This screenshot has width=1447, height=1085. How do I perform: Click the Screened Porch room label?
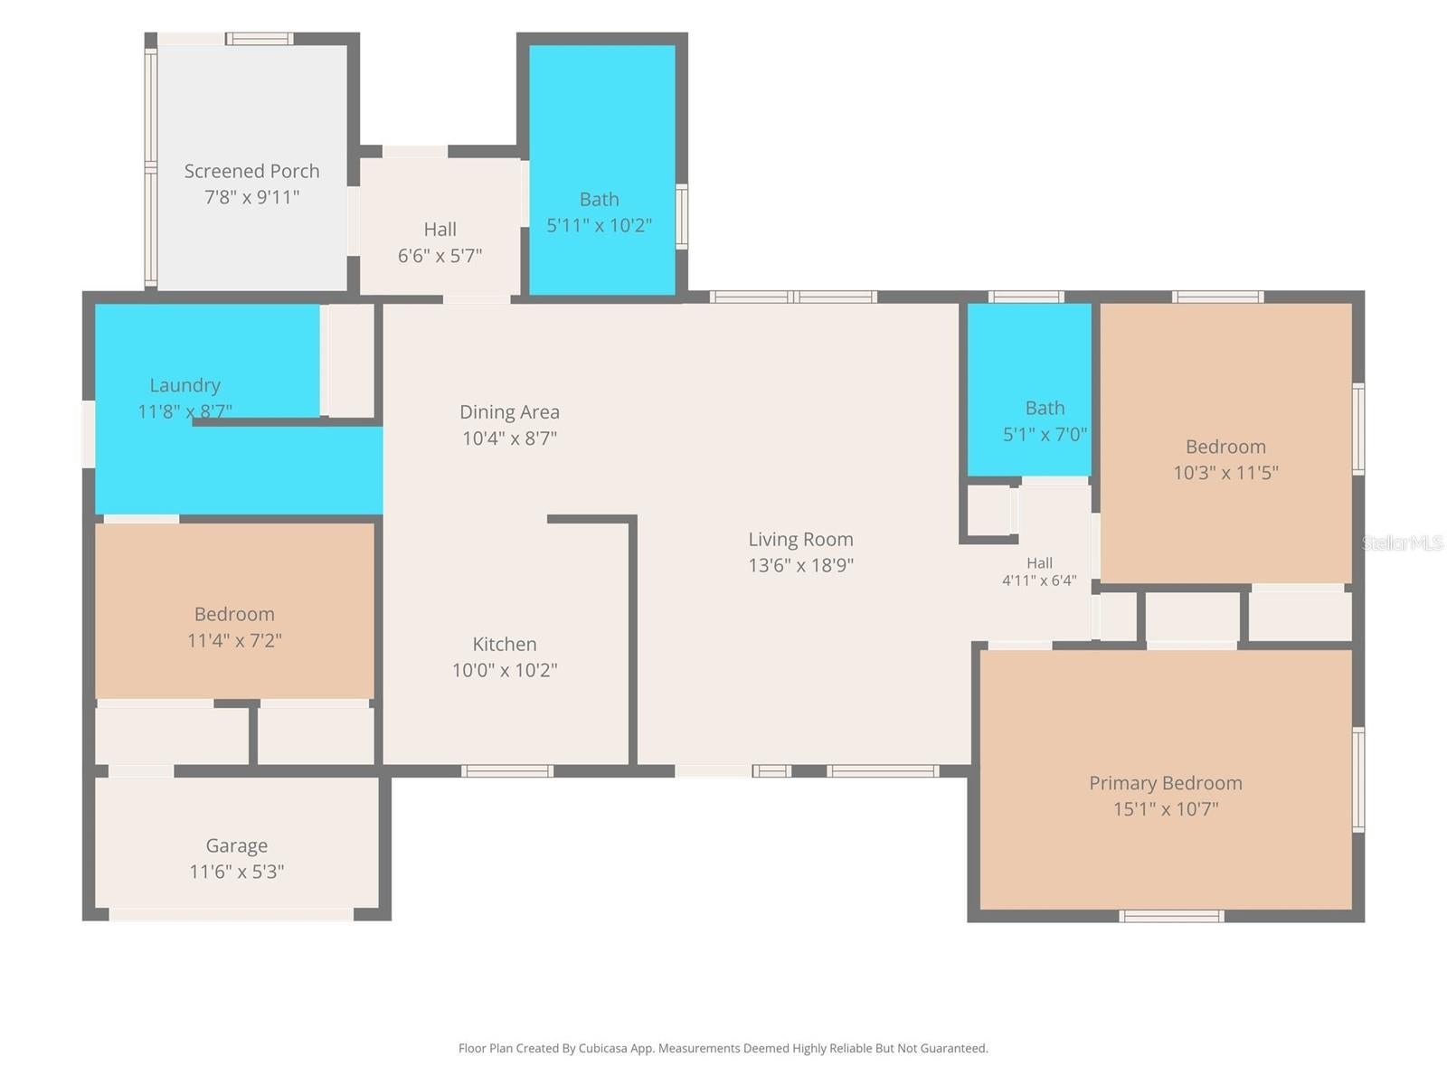pyautogui.click(x=251, y=171)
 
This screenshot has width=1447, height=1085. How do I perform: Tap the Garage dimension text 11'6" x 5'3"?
pyautogui.click(x=237, y=872)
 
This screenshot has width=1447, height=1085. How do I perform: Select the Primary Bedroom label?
pyautogui.click(x=1165, y=783)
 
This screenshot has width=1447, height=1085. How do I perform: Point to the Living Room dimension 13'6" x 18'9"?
pyautogui.click(x=800, y=565)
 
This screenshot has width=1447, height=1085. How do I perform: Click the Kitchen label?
pyautogui.click(x=505, y=645)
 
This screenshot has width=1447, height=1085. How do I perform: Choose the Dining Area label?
pyautogui.click(x=509, y=412)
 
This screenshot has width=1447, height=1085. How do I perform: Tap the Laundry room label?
pyautogui.click(x=184, y=385)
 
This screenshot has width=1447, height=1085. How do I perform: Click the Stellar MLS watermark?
pyautogui.click(x=1402, y=542)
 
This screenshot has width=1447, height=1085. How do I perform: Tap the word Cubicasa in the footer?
pyautogui.click(x=602, y=1048)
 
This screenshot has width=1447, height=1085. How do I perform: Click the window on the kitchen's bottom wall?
pyautogui.click(x=507, y=770)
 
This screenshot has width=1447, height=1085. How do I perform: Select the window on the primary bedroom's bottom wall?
pyautogui.click(x=1171, y=916)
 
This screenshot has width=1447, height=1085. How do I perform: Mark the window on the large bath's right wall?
pyautogui.click(x=682, y=217)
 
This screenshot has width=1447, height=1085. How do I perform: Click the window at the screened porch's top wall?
pyautogui.click(x=259, y=39)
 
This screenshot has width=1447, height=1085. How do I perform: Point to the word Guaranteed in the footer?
pyautogui.click(x=952, y=1048)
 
